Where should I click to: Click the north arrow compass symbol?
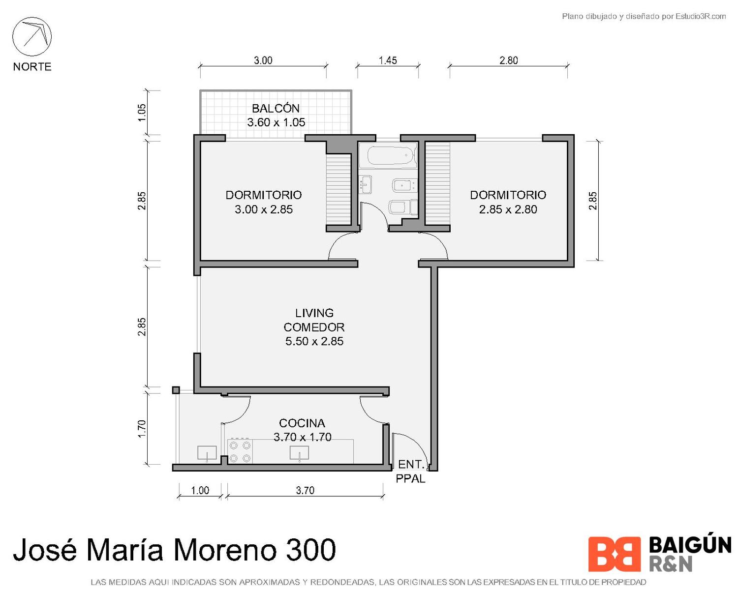tap(32, 36)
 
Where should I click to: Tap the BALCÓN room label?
tap(276, 108)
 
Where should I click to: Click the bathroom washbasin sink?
tap(366, 185)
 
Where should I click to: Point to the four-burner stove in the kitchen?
tap(240, 451)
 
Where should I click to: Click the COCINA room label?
tap(302, 423)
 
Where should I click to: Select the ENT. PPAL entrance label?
tap(410, 472)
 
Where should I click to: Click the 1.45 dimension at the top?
tap(388, 60)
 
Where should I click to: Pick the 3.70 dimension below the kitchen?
tap(305, 491)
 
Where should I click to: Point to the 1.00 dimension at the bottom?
tap(200, 491)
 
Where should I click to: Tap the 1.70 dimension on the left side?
tap(142, 428)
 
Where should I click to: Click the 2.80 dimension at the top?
tap(508, 60)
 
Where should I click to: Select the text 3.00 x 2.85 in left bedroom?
tap(263, 209)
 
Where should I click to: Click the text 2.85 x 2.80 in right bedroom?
tap(508, 209)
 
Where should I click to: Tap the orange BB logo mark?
tap(614, 554)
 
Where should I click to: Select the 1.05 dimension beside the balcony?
tap(142, 112)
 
